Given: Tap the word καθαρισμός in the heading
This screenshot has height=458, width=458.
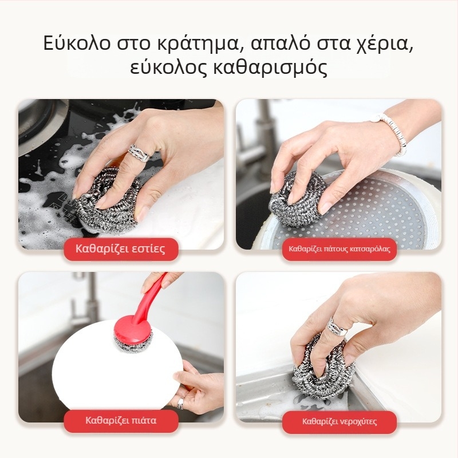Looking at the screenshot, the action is point(270,68).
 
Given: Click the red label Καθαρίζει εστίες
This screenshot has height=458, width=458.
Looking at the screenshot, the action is point(121,249).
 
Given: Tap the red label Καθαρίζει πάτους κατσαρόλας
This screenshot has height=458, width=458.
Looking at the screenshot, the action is point(339,249).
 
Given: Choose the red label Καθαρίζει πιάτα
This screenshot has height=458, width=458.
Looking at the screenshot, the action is point(121,421).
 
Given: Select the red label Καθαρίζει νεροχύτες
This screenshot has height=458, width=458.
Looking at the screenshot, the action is point(339,421).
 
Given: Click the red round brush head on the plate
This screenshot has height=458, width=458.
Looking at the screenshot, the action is point(133,333).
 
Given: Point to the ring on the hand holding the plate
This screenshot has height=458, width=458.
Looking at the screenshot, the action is point(181,403).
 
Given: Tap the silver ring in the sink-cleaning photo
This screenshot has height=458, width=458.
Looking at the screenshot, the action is point(337,326).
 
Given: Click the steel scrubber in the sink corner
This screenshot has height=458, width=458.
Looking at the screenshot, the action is point(323,369).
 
